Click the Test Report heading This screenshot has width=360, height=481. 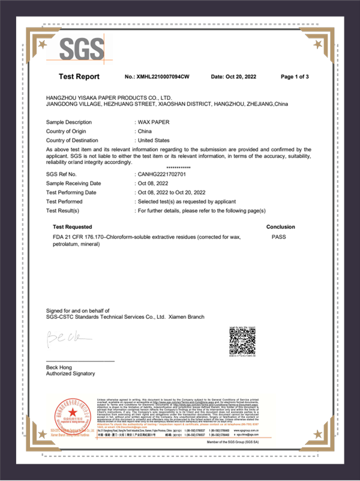click(x=79, y=77)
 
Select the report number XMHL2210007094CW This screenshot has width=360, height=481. click(x=157, y=77)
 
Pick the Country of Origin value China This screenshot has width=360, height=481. click(x=145, y=131)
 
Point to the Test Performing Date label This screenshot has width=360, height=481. click(x=71, y=192)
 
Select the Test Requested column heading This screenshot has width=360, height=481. click(x=72, y=227)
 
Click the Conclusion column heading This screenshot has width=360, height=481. click(x=280, y=227)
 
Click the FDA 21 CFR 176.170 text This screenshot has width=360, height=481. click(x=79, y=237)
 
